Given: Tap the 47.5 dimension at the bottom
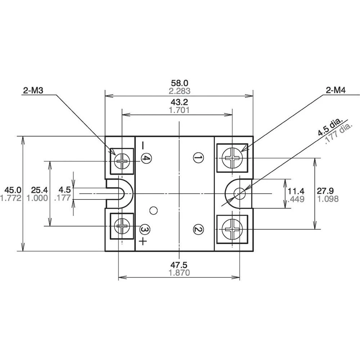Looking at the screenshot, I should click(179, 265).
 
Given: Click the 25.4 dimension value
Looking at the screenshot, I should click(39, 190).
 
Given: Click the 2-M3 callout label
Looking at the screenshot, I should click(33, 91).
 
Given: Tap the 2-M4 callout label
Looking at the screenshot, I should click(336, 91).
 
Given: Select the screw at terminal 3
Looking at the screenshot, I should click(122, 226).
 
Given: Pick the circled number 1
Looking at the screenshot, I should click(198, 157).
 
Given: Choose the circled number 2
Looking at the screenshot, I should click(198, 229).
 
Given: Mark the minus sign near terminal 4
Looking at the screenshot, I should click(143, 145).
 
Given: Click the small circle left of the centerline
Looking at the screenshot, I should click(154, 210).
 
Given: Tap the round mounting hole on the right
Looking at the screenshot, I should click(239, 194).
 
